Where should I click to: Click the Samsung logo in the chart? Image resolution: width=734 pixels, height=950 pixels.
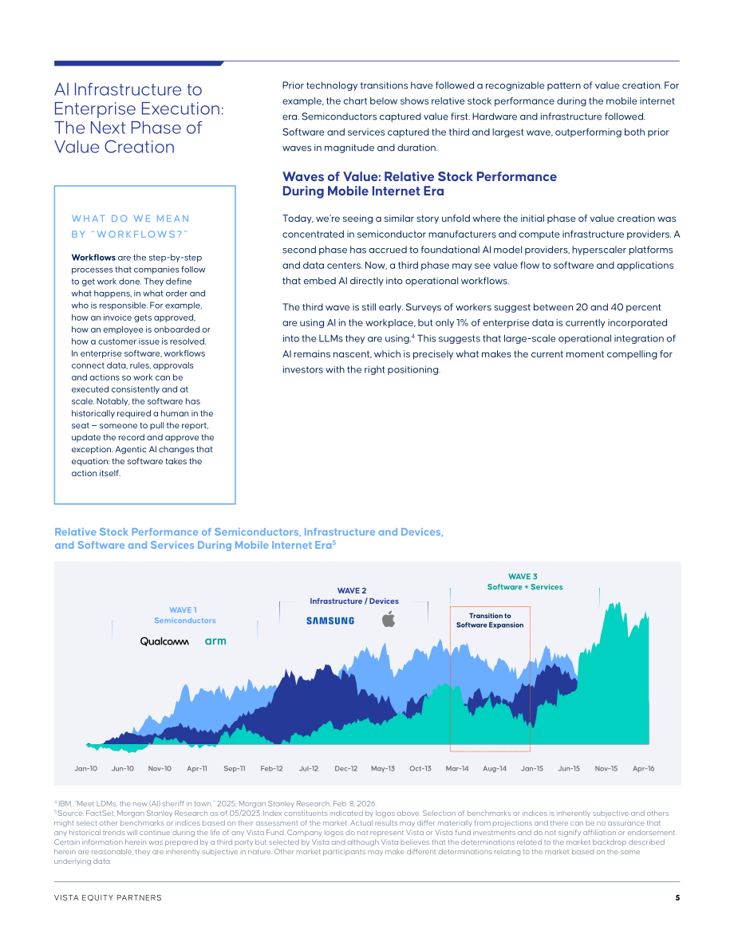330,621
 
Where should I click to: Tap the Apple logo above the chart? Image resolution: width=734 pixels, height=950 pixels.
389,619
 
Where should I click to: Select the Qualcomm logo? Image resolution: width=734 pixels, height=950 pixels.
164,641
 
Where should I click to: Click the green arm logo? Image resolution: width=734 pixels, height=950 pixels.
215,641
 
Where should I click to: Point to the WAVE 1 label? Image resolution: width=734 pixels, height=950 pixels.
183,610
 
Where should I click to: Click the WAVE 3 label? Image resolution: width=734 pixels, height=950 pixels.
523,576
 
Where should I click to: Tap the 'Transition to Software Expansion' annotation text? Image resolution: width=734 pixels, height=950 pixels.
490,621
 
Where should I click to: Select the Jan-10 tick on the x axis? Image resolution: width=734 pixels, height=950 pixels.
85,768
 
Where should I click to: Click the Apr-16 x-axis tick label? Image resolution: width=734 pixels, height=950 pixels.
643,768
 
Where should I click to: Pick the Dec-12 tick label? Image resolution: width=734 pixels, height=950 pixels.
345,768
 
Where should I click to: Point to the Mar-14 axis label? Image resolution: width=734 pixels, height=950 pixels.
457,768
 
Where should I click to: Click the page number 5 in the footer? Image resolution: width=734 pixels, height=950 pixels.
677,898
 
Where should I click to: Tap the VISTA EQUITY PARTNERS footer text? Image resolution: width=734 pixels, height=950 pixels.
108,898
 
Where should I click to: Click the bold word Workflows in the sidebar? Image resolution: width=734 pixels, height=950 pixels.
93,258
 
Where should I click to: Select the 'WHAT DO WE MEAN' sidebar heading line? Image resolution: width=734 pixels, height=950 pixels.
131,219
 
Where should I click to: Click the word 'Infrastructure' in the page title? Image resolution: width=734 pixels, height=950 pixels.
128,89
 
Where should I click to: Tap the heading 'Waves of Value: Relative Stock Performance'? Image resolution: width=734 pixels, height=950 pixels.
420,177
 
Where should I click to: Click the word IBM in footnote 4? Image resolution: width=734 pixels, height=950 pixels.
65,803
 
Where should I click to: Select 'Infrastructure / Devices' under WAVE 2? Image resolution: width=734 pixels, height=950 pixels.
354,601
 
